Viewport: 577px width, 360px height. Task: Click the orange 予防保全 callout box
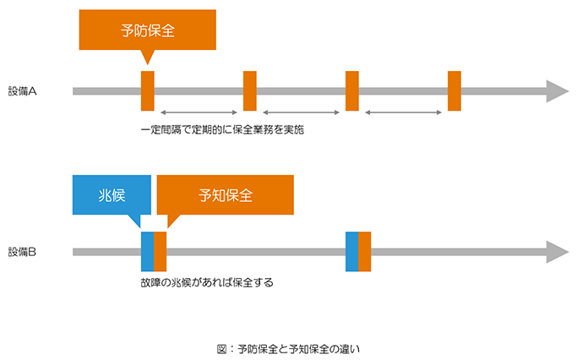[x=148, y=30]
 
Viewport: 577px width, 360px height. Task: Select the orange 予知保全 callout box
[x=226, y=194]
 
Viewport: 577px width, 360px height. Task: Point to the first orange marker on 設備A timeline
[x=148, y=91]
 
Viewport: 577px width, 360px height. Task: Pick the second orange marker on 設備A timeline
[x=250, y=91]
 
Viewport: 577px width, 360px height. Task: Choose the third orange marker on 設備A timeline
[x=352, y=91]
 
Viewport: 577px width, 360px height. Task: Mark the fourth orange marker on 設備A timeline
[x=455, y=91]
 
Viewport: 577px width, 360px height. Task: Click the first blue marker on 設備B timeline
[x=147, y=252]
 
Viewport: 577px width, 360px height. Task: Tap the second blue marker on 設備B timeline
[x=351, y=252]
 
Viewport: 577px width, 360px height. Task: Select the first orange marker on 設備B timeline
[x=160, y=252]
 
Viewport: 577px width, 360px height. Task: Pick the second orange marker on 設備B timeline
[x=364, y=252]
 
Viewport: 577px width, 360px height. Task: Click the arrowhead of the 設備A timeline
[x=557, y=91]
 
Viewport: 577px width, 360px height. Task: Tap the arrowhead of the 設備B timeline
[x=557, y=252]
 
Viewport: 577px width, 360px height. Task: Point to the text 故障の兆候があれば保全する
[x=207, y=283]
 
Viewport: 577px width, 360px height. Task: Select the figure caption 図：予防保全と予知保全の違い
[x=288, y=347]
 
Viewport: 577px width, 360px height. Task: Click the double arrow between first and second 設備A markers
[x=199, y=112]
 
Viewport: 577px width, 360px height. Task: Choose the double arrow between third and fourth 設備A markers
[x=404, y=112]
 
